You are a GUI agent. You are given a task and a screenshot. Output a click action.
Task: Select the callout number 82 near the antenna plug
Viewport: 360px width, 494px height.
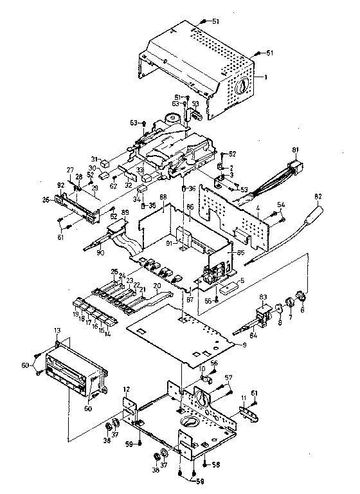[x=318, y=196]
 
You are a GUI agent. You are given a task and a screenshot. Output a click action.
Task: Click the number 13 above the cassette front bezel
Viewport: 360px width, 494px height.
[x=58, y=330]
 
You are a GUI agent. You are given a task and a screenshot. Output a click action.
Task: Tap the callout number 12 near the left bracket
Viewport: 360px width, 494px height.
[x=127, y=390]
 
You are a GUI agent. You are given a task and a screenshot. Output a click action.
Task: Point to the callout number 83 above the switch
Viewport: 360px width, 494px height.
[x=262, y=297]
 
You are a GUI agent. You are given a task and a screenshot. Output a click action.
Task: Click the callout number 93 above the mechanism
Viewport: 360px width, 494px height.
[x=195, y=105]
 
